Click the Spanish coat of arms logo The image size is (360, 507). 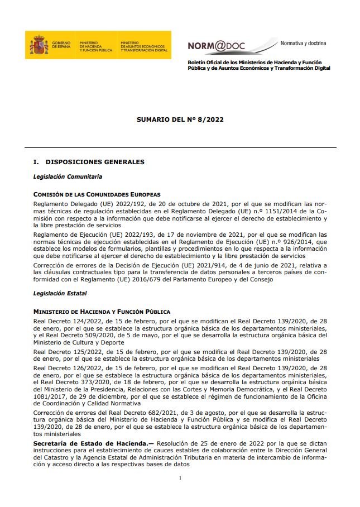pos(39,45)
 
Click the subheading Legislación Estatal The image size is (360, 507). pos(60,293)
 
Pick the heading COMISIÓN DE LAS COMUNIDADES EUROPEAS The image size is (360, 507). pos(97,194)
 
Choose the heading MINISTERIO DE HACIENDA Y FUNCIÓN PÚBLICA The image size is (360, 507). pos(102,311)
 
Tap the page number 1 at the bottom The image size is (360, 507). pos(180,478)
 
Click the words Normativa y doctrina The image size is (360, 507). pos(303,43)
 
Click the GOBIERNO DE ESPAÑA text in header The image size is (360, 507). pos(61,45)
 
